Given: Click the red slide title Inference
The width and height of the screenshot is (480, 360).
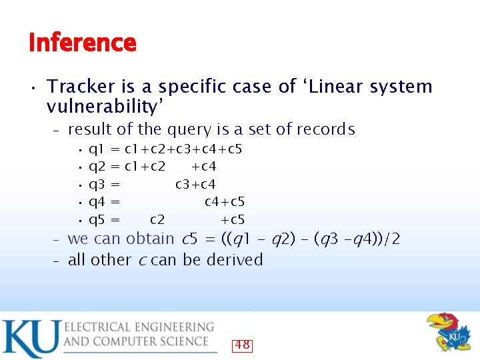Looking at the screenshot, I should (x=83, y=43).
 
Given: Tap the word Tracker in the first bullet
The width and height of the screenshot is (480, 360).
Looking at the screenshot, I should (x=79, y=87).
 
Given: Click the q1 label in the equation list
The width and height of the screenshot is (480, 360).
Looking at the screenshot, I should (x=96, y=148).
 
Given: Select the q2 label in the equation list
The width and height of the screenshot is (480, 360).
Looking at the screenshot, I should (x=96, y=166).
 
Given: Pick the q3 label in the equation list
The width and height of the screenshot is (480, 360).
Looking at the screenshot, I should (x=96, y=184).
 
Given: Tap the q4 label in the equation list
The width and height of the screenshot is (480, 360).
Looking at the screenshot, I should (x=96, y=202).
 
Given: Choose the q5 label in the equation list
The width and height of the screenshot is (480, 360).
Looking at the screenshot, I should (x=96, y=220).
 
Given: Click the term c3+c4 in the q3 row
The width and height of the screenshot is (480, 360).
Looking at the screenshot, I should (x=195, y=184).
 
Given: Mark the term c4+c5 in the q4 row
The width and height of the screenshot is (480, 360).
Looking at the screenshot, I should (x=225, y=202).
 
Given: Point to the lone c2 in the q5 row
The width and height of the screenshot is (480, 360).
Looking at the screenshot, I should (x=158, y=220).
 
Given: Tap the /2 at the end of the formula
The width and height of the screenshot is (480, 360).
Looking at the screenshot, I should (x=393, y=239).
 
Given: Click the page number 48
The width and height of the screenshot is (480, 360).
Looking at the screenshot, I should (x=242, y=345).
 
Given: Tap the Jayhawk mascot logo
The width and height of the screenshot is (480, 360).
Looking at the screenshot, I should (x=447, y=333).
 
